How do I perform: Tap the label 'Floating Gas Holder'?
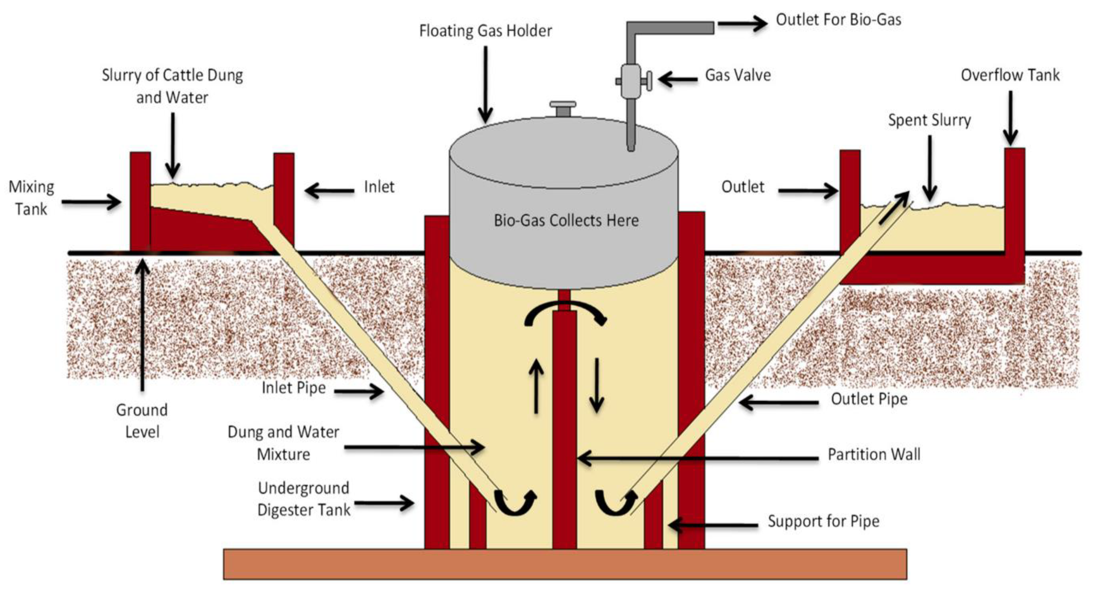[485, 31]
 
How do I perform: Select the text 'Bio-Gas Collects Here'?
[566, 220]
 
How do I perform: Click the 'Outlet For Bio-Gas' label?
[838, 20]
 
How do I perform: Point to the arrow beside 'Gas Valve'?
[678, 79]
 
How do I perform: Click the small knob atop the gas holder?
[563, 107]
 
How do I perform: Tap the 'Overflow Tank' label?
[1010, 75]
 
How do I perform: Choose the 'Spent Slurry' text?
[929, 120]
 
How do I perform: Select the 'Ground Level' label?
[142, 420]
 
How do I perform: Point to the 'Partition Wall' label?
[874, 454]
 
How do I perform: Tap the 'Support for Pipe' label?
[823, 521]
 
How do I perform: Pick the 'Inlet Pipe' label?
[294, 388]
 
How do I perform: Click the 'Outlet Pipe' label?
[869, 399]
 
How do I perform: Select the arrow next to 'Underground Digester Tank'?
[384, 503]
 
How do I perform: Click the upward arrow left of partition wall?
[536, 386]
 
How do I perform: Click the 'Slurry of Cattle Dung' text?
[172, 75]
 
